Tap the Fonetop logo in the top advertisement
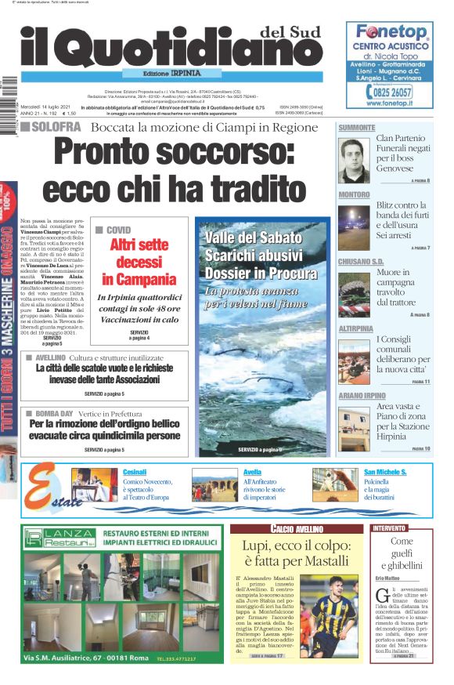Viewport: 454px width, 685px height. pyautogui.click(x=391, y=32)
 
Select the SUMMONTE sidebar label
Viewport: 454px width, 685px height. pyautogui.click(x=357, y=127)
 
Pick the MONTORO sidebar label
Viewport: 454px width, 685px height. pyautogui.click(x=354, y=194)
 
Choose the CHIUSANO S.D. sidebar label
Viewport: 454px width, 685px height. pyautogui.click(x=361, y=261)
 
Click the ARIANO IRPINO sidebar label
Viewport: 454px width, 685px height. pyautogui.click(x=362, y=395)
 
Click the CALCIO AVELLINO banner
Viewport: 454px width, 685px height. pyautogui.click(x=297, y=529)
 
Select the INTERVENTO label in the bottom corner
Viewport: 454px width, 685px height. pyautogui.click(x=389, y=528)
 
